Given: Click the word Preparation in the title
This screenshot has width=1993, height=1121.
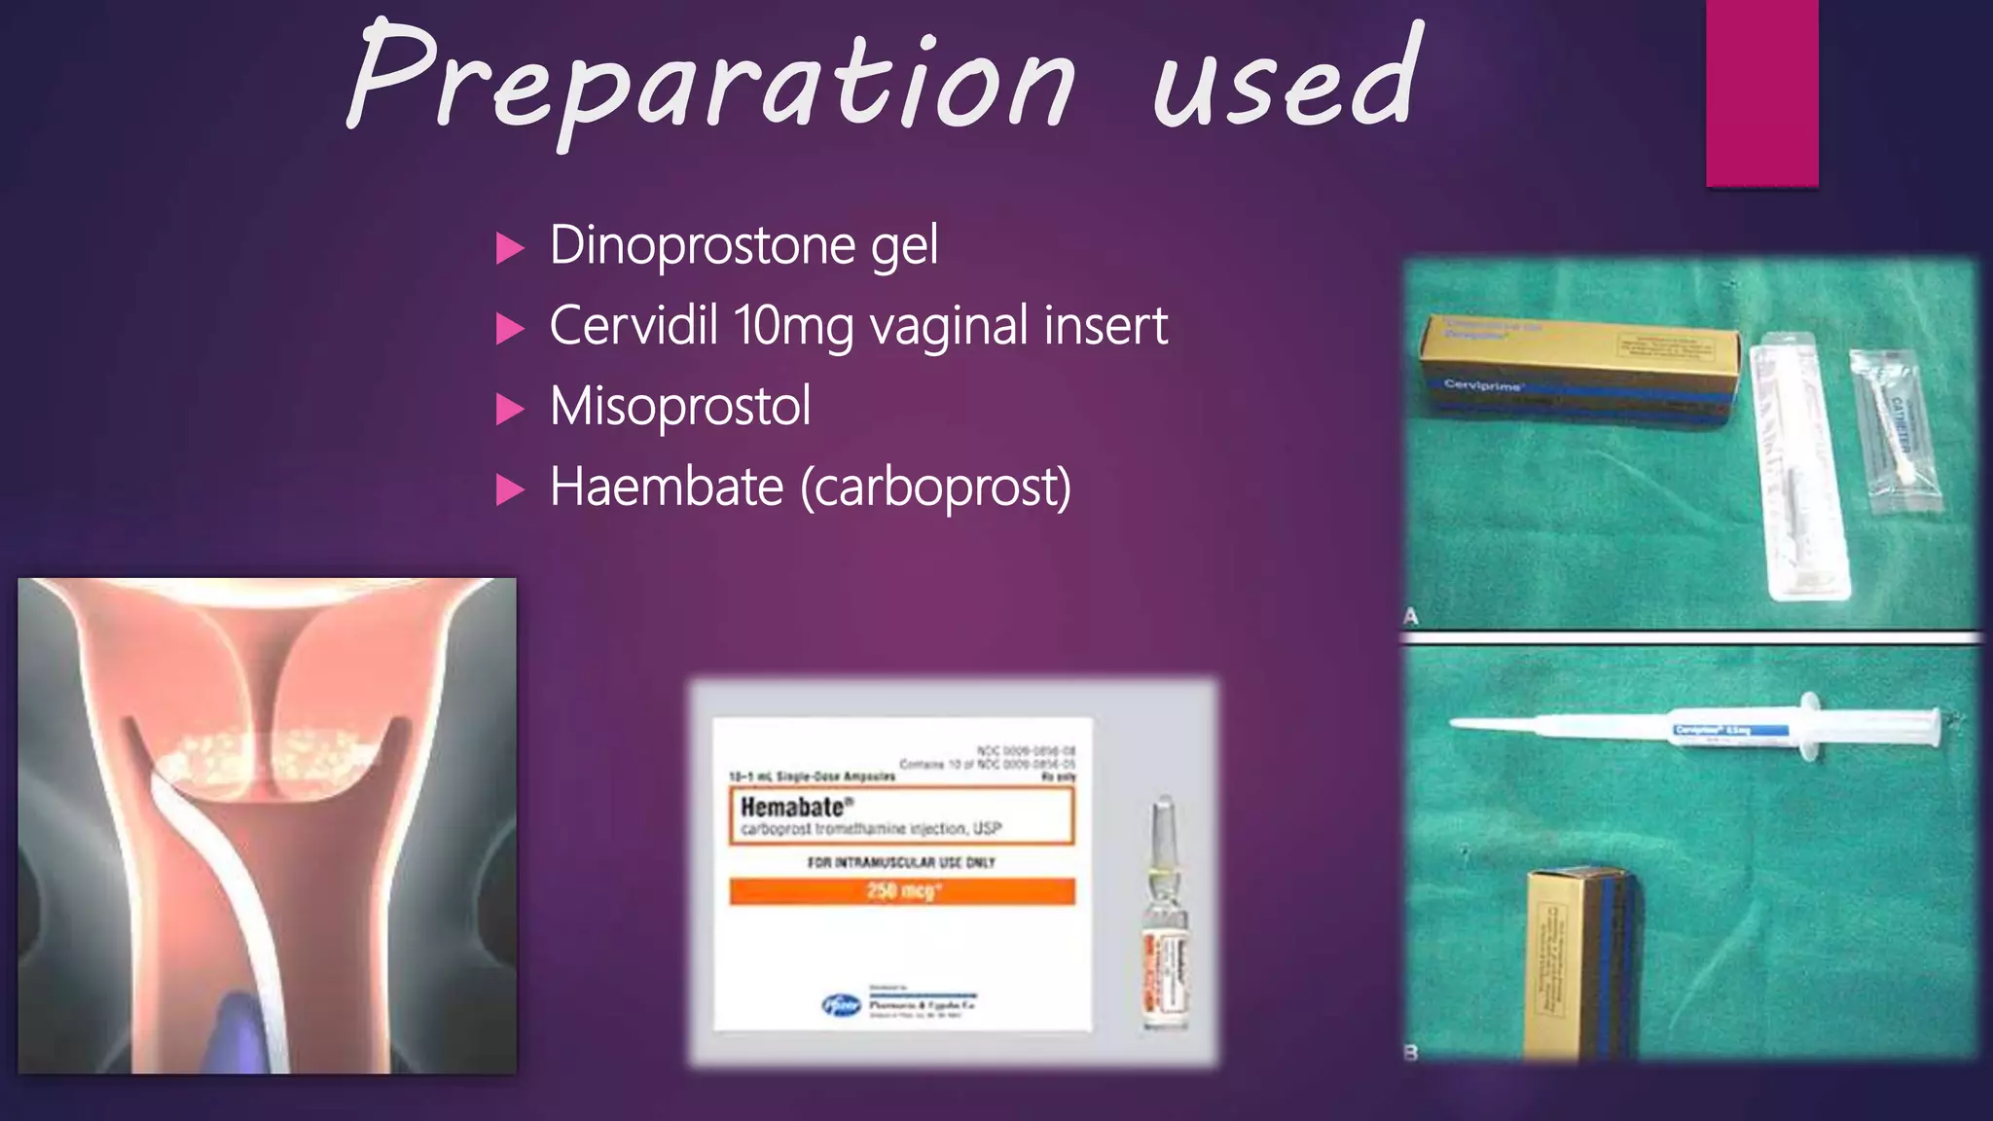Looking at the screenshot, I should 710,83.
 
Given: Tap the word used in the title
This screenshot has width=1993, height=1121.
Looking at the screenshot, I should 1285,83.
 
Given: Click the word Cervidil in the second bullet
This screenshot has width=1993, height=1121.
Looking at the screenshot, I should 633,325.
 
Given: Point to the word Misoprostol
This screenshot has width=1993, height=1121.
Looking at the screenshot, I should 680,407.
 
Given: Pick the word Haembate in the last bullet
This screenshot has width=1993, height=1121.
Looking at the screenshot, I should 667,487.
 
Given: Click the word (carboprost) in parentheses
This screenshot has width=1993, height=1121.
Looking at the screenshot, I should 936,487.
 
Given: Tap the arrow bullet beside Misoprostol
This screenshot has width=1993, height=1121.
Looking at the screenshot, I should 509,410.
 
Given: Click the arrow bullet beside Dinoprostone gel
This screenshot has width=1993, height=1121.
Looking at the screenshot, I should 509,248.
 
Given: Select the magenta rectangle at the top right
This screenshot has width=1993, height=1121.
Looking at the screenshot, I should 1761,92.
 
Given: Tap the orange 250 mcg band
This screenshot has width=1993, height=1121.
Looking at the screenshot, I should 902,891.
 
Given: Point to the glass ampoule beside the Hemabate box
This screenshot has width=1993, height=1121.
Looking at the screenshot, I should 1164,915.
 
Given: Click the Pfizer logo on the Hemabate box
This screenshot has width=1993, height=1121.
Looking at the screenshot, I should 842,1005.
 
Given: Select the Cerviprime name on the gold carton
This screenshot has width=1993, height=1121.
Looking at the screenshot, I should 1482,385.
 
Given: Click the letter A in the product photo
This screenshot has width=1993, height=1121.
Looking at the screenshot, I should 1411,617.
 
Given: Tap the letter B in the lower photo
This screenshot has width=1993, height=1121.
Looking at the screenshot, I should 1411,1052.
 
